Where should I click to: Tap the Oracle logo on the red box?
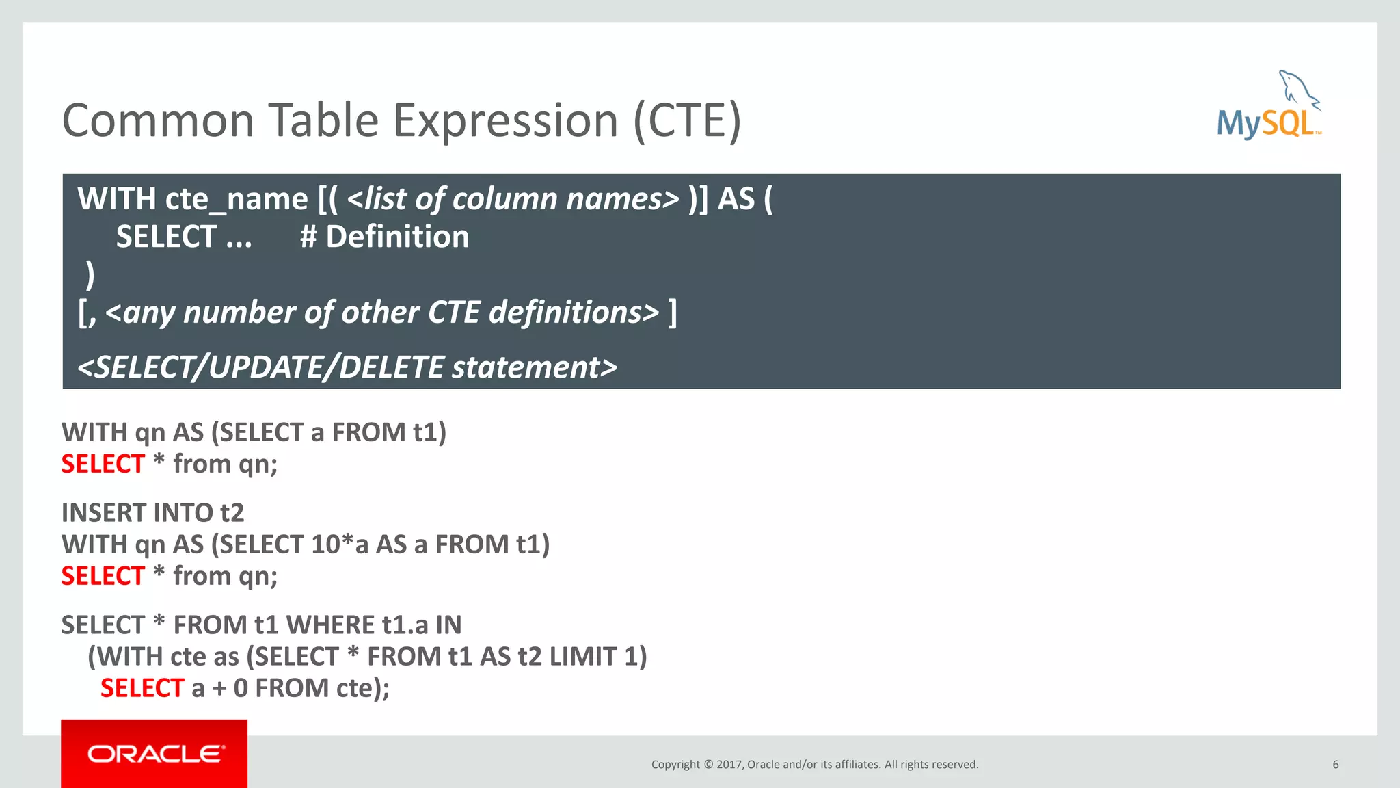[155, 754]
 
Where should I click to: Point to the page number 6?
[1335, 765]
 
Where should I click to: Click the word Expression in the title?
[506, 121]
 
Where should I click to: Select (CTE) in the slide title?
[687, 121]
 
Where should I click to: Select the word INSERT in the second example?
[103, 513]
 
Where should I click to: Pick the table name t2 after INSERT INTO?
[232, 513]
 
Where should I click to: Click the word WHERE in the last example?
[330, 625]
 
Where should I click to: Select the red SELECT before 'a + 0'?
[142, 688]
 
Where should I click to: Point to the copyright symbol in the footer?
[708, 765]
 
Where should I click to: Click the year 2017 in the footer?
[729, 765]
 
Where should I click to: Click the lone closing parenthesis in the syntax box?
[90, 275]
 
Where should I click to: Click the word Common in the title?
[158, 121]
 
